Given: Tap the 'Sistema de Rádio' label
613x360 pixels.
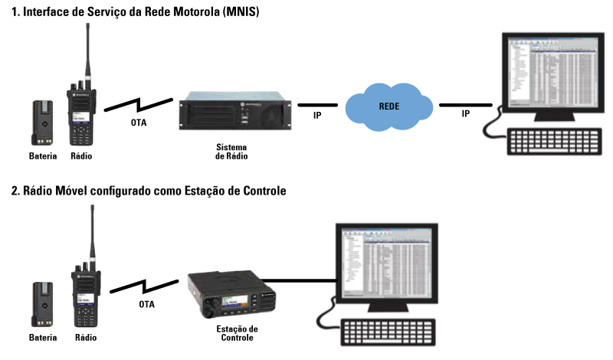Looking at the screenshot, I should click(231, 150).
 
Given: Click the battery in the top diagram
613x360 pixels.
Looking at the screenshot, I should click(41, 123).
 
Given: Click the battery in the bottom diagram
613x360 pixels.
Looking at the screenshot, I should click(41, 303).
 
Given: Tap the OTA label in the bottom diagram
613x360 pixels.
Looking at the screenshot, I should click(146, 303).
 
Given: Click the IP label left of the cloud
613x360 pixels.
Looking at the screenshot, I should click(317, 115).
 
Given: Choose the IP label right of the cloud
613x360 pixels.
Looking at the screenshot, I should click(465, 114).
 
